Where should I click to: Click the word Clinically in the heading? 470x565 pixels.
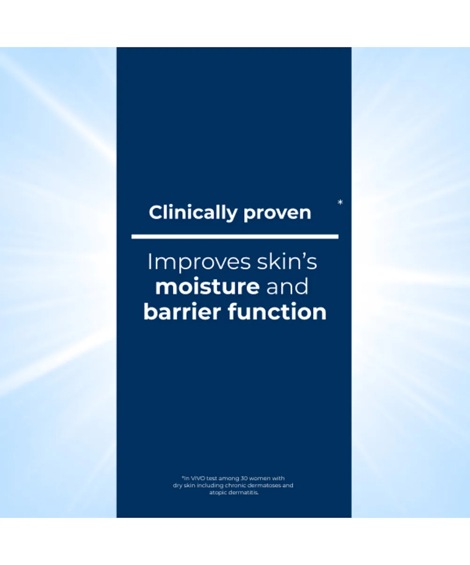point(193,213)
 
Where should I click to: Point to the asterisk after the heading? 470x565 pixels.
point(340,202)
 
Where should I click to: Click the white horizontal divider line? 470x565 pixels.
point(235,237)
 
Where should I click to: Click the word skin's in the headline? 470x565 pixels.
point(287,262)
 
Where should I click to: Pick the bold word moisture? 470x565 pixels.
point(207,287)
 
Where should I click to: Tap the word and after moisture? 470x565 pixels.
point(287,287)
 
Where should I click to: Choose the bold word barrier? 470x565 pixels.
point(182,312)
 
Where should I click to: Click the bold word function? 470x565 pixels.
point(277,312)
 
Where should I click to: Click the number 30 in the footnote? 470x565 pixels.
point(244,478)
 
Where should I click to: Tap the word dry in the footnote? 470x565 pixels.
point(178,485)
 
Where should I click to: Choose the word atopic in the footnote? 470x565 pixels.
point(218,493)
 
